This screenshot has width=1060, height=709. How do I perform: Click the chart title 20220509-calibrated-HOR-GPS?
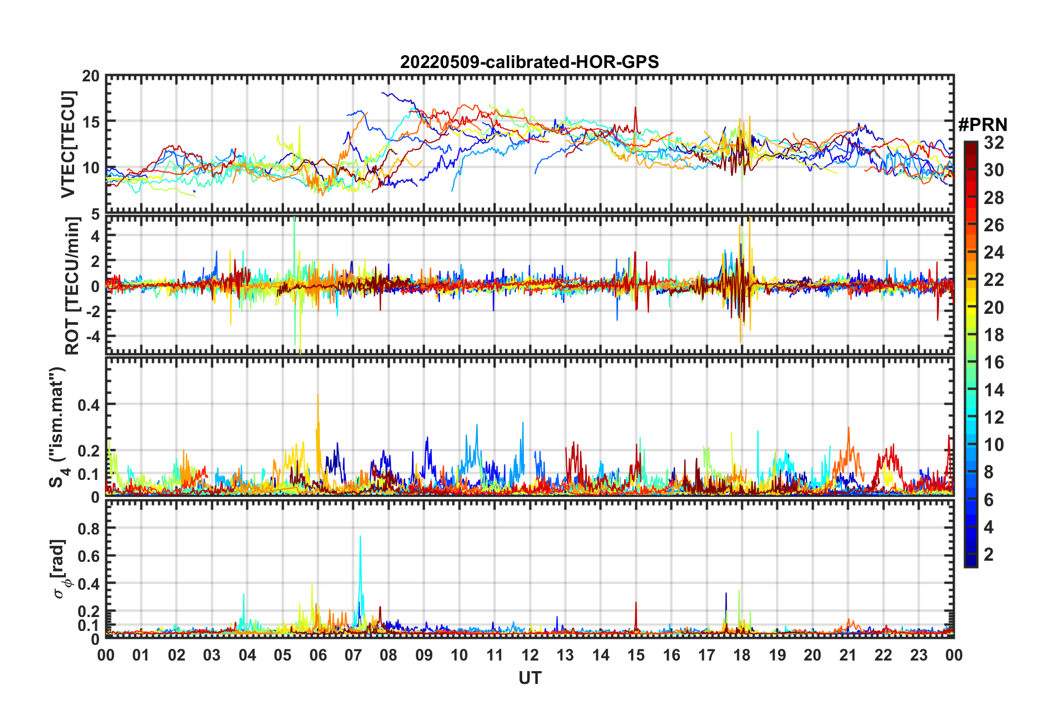[529, 62]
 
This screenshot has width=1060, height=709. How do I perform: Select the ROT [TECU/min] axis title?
[72, 285]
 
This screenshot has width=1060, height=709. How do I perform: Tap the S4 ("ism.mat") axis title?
[57, 427]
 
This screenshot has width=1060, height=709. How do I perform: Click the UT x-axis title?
[529, 678]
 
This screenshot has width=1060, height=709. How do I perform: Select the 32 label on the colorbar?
[994, 143]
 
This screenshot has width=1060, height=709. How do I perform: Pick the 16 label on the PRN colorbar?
[994, 362]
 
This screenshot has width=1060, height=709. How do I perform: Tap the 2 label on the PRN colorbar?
[989, 554]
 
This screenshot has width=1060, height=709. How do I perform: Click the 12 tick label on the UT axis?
[530, 655]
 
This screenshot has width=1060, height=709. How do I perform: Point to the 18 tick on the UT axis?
[742, 655]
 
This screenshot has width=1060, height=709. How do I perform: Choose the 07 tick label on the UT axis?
[353, 655]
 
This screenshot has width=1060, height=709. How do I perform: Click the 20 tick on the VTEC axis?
[91, 76]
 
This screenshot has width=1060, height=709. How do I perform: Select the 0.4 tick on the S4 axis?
[89, 405]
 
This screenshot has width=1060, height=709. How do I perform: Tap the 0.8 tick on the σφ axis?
[89, 528]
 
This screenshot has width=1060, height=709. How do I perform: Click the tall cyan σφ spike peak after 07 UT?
[360, 536]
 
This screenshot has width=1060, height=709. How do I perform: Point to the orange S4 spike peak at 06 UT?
[318, 395]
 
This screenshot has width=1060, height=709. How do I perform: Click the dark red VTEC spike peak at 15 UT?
[635, 108]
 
